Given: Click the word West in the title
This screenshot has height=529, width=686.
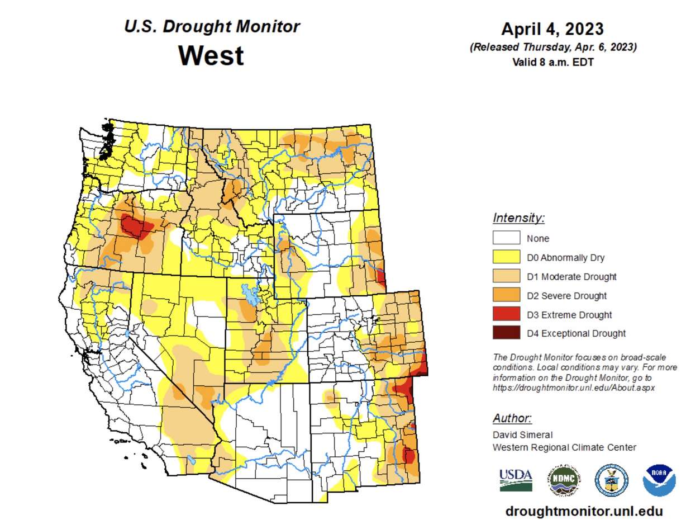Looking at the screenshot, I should pos(211,56).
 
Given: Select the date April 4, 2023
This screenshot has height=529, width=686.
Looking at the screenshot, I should pos(552,29).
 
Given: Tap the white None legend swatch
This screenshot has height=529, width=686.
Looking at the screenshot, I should pos(506,238).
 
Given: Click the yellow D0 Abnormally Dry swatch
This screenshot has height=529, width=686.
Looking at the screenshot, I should pos(506,257).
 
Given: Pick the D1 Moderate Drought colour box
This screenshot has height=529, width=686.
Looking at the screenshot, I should pos(506,276).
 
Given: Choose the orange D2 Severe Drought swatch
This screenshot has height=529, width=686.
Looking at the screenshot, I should pos(506,295).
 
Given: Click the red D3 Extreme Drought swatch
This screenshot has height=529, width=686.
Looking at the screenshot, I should pos(506,314).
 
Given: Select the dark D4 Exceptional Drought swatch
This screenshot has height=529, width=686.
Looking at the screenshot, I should pos(506,333).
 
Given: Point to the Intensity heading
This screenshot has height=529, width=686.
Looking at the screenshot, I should pos(518,218).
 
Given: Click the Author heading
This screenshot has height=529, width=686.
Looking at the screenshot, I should pos(512,418).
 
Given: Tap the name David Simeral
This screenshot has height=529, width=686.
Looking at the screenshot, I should pos(522,434).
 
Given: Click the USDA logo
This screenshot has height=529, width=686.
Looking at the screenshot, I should pos(515,480).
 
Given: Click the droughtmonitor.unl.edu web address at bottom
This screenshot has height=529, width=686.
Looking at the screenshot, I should pos(584,511).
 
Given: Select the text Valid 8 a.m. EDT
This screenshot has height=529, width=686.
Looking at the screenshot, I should pos(552,62).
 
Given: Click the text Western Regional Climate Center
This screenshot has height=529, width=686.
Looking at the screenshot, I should pos(564,447).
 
